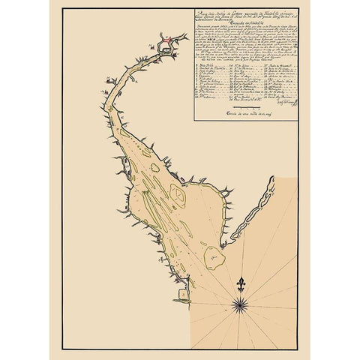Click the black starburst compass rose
(x=241, y=303)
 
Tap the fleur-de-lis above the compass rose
(x=241, y=284)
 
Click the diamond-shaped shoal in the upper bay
(x=178, y=196)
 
